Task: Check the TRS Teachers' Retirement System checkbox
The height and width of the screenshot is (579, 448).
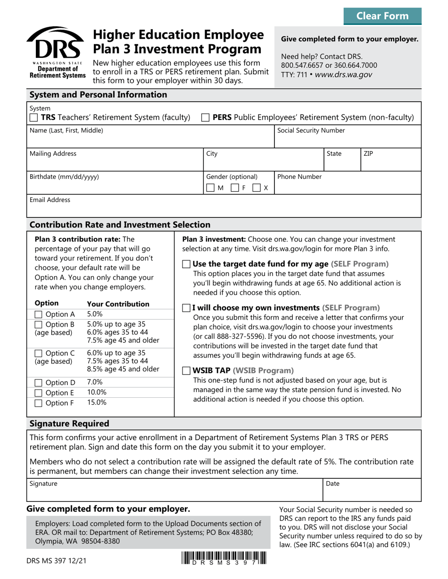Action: [x=34, y=118]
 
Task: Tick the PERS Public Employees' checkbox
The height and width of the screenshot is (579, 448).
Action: [x=205, y=118]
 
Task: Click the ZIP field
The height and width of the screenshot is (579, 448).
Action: [x=390, y=163]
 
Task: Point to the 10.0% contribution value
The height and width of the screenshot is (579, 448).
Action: [x=97, y=392]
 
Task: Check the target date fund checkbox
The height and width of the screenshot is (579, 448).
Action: [x=186, y=264]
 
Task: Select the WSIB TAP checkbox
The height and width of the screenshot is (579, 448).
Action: [x=186, y=370]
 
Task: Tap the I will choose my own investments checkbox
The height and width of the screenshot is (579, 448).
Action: [x=186, y=308]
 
